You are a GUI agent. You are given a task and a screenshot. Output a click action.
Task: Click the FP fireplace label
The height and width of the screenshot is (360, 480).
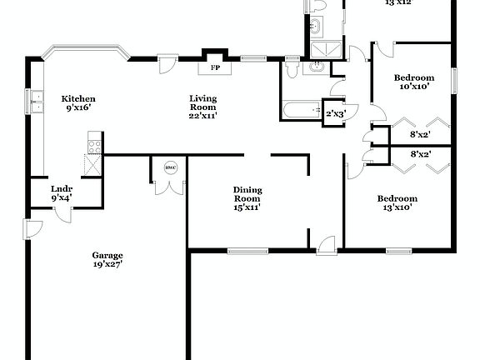tap(215, 67)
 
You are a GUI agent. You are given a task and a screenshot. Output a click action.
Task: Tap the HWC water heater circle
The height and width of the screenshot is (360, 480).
tap(171, 167)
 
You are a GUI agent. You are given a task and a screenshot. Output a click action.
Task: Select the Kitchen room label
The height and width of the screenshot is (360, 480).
tap(78, 98)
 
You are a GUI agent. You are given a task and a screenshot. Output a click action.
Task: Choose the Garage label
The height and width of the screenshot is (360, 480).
tap(107, 255)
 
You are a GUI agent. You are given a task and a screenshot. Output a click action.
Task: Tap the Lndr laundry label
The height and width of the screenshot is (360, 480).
tap(62, 189)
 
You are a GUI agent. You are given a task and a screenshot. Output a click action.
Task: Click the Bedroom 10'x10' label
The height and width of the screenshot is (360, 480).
tap(412, 77)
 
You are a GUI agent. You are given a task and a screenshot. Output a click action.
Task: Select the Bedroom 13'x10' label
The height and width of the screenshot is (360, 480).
tap(397, 198)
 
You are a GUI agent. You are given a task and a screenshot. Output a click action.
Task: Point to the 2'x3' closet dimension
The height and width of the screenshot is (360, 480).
tap(336, 113)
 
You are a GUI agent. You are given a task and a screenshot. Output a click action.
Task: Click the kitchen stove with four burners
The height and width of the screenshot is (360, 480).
tap(92, 147)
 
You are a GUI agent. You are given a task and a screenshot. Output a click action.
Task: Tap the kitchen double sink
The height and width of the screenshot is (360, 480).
tap(37, 102)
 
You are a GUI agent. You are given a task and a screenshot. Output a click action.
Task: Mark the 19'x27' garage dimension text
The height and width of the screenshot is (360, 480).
tap(108, 264)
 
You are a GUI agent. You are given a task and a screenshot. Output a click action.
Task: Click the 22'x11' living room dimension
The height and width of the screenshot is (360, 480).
tap(202, 116)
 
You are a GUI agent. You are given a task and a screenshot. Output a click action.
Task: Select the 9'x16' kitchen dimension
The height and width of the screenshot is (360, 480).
tap(78, 107)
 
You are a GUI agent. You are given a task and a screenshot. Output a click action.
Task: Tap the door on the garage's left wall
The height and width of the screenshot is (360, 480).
tap(30, 227)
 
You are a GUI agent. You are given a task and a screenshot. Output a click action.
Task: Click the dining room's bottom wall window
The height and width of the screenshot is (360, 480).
tap(247, 249)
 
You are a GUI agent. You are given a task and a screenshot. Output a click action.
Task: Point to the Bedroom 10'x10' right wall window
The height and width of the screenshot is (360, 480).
tap(455, 81)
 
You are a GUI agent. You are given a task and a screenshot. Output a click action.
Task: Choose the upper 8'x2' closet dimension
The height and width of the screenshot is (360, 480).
tap(419, 133)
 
